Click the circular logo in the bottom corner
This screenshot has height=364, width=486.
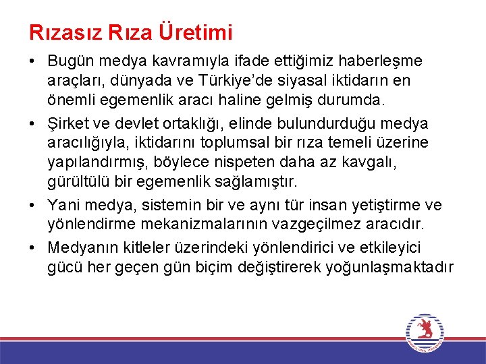425,333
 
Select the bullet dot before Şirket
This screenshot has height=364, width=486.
33,124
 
